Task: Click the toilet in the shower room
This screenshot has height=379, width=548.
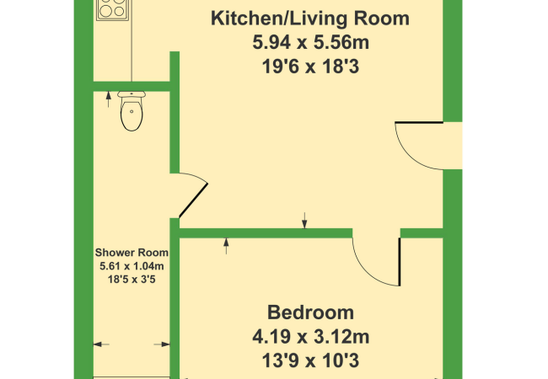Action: (132, 111)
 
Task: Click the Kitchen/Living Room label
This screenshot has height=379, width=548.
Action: (310, 19)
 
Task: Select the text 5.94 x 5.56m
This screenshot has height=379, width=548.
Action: (311, 43)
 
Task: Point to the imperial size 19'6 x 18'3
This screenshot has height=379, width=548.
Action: (311, 67)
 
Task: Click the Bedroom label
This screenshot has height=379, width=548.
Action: (311, 312)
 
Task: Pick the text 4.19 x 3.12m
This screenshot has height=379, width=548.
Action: (311, 337)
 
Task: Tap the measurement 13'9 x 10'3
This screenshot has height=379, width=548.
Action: (311, 360)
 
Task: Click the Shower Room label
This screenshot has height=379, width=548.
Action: (132, 253)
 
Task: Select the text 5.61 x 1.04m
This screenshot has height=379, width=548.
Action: (132, 266)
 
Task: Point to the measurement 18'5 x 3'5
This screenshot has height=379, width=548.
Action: (132, 279)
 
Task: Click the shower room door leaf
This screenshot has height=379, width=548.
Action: (193, 200)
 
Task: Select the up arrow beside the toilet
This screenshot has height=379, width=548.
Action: (109, 99)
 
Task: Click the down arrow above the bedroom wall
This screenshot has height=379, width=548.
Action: (304, 220)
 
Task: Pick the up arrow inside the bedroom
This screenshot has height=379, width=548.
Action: (226, 246)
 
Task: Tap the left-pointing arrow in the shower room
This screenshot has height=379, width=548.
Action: (101, 344)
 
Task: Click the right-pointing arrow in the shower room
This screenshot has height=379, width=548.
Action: (162, 344)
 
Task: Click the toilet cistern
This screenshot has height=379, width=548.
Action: (132, 94)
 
